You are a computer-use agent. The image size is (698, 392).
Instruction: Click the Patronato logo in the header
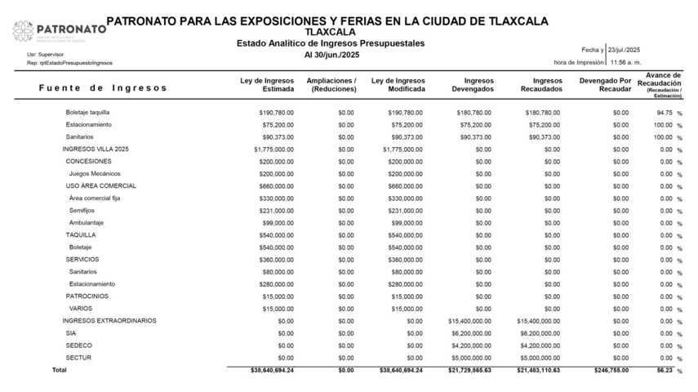tap(59, 30)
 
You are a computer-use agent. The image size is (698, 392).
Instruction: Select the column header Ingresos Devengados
tap(473, 85)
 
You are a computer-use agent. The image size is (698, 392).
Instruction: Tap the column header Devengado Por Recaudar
tap(604, 85)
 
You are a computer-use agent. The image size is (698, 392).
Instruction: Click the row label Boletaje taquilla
tap(87, 112)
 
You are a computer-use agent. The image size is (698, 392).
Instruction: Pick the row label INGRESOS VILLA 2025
tap(96, 149)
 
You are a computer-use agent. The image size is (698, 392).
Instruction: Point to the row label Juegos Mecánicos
tap(95, 174)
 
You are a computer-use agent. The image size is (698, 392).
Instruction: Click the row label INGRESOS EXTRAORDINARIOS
tap(109, 321)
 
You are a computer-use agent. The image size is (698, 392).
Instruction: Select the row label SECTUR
tap(78, 358)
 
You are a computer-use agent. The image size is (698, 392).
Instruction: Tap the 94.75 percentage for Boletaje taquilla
tap(664, 112)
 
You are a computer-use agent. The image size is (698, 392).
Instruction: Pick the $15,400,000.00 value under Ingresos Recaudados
tap(539, 321)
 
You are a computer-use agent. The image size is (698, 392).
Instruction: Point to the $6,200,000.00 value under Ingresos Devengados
tap(472, 333)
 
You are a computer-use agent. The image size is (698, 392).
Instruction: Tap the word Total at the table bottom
tap(59, 371)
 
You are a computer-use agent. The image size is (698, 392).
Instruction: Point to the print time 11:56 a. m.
tap(625, 62)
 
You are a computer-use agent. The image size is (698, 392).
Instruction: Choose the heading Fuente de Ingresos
tap(102, 87)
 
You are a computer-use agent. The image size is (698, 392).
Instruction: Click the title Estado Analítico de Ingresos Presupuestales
tap(330, 43)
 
